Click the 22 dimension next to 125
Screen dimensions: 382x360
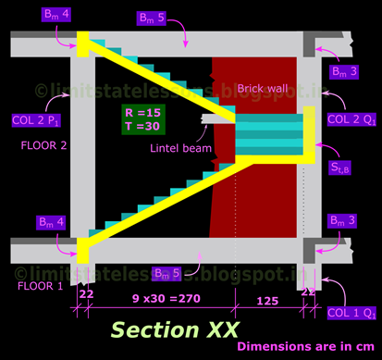[308, 292]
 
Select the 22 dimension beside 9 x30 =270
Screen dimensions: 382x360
[87, 292]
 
